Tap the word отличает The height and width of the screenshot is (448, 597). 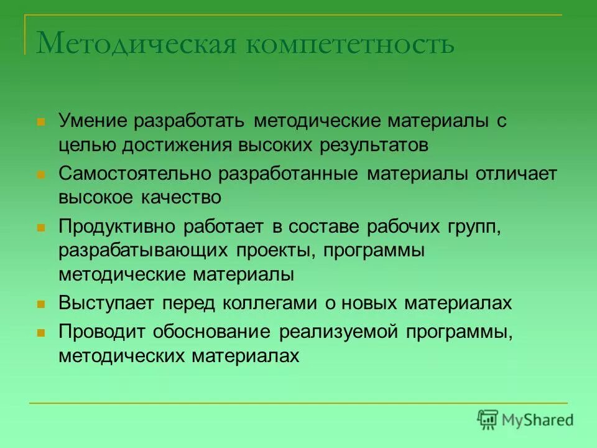pos(516,174)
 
